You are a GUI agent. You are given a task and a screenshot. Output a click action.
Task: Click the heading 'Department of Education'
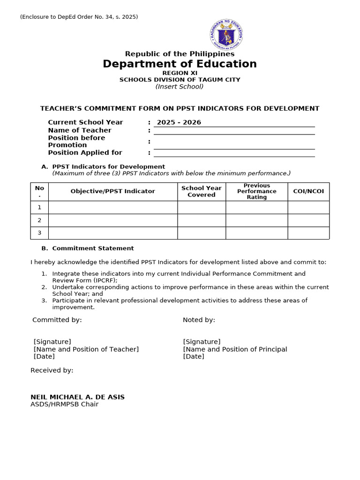coord(180,64)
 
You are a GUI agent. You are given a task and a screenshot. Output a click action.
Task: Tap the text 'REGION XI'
coord(180,73)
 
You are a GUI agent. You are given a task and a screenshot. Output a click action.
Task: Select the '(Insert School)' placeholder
coord(180,86)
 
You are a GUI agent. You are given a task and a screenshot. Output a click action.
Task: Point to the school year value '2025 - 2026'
coord(179,122)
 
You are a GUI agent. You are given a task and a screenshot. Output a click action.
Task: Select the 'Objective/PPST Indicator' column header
coord(112,191)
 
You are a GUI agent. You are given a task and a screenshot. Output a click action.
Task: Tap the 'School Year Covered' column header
coord(201,191)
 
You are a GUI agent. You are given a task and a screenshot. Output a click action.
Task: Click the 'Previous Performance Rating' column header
coord(256,191)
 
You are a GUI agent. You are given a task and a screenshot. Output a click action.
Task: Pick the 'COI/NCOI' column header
coord(308,191)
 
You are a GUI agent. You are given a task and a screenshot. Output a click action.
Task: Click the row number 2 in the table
coord(39,220)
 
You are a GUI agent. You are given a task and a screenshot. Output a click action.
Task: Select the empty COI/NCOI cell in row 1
coord(308,207)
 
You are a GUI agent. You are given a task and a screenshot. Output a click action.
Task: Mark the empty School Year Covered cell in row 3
coord(201,233)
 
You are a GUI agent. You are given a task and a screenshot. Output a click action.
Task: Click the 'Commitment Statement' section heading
coord(93,248)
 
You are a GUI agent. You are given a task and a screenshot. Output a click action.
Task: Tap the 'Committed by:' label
coord(57,320)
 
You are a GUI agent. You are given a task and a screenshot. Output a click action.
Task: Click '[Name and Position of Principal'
coord(235,349)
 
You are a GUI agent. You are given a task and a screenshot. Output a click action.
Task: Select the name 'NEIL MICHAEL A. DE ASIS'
coord(77,397)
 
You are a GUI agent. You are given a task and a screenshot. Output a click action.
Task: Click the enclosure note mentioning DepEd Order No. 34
coord(79,17)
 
